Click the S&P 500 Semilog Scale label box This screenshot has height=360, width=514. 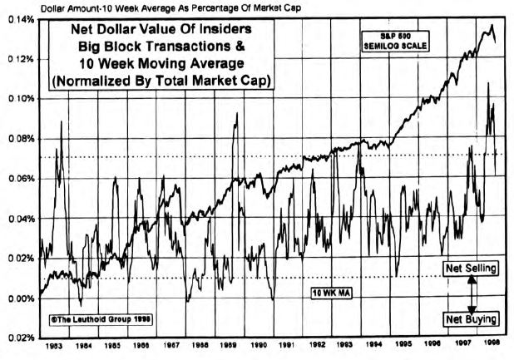[393, 42]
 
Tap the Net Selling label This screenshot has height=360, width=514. [471, 269]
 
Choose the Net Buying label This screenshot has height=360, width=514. [471, 318]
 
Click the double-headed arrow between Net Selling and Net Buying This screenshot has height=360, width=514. [472, 293]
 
